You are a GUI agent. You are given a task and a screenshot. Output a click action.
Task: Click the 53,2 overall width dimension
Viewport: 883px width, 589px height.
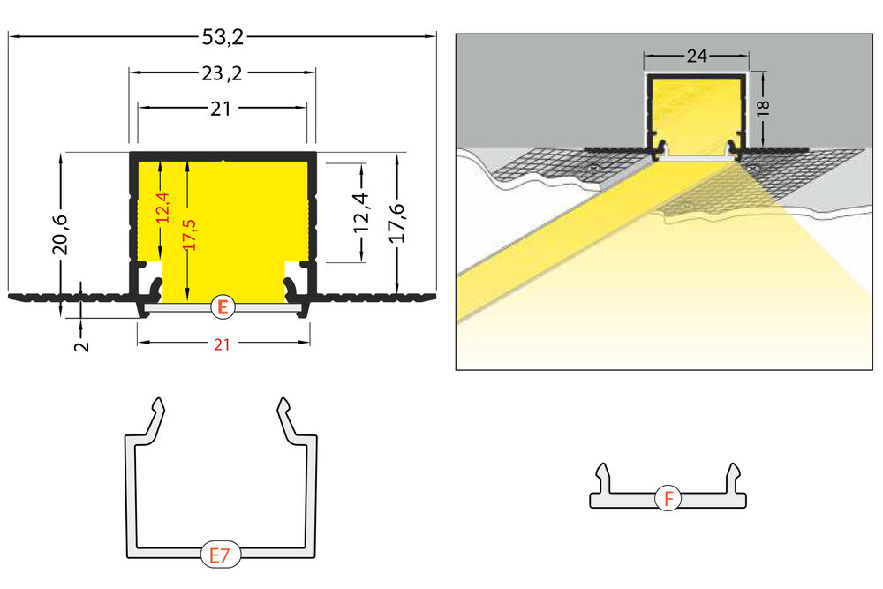tap(222, 37)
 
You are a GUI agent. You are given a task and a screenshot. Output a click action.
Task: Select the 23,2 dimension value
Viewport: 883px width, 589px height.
tap(222, 73)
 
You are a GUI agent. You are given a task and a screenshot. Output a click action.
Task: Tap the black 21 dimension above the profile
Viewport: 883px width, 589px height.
tap(222, 109)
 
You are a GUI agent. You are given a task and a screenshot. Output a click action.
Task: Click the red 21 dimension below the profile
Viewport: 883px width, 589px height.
tap(222, 345)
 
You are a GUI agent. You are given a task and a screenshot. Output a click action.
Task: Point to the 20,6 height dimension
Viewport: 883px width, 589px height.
tap(60, 233)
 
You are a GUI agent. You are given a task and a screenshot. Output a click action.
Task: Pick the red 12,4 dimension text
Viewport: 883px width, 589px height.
tap(162, 208)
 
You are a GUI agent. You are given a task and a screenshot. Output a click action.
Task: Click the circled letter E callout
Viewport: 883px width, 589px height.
tap(223, 307)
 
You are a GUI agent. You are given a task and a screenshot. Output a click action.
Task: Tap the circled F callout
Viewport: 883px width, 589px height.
tap(668, 499)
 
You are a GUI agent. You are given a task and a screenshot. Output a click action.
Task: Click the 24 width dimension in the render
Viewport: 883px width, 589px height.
tap(697, 57)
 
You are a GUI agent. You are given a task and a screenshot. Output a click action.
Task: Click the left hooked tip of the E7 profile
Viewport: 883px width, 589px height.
tap(159, 407)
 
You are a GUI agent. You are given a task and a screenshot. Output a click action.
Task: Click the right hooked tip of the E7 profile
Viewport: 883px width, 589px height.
tap(283, 407)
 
